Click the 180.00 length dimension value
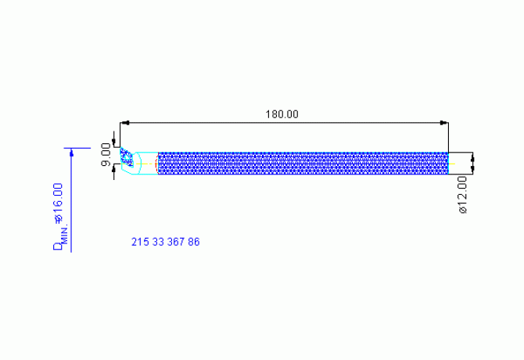[x=282, y=114]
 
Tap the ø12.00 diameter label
[x=462, y=195]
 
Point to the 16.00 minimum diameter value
[x=58, y=202]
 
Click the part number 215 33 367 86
[x=165, y=242]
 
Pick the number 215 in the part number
[x=138, y=242]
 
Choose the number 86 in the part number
[x=193, y=242]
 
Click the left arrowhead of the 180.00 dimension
[x=124, y=123]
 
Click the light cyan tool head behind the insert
[x=145, y=163]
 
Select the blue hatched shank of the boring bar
[x=303, y=163]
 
